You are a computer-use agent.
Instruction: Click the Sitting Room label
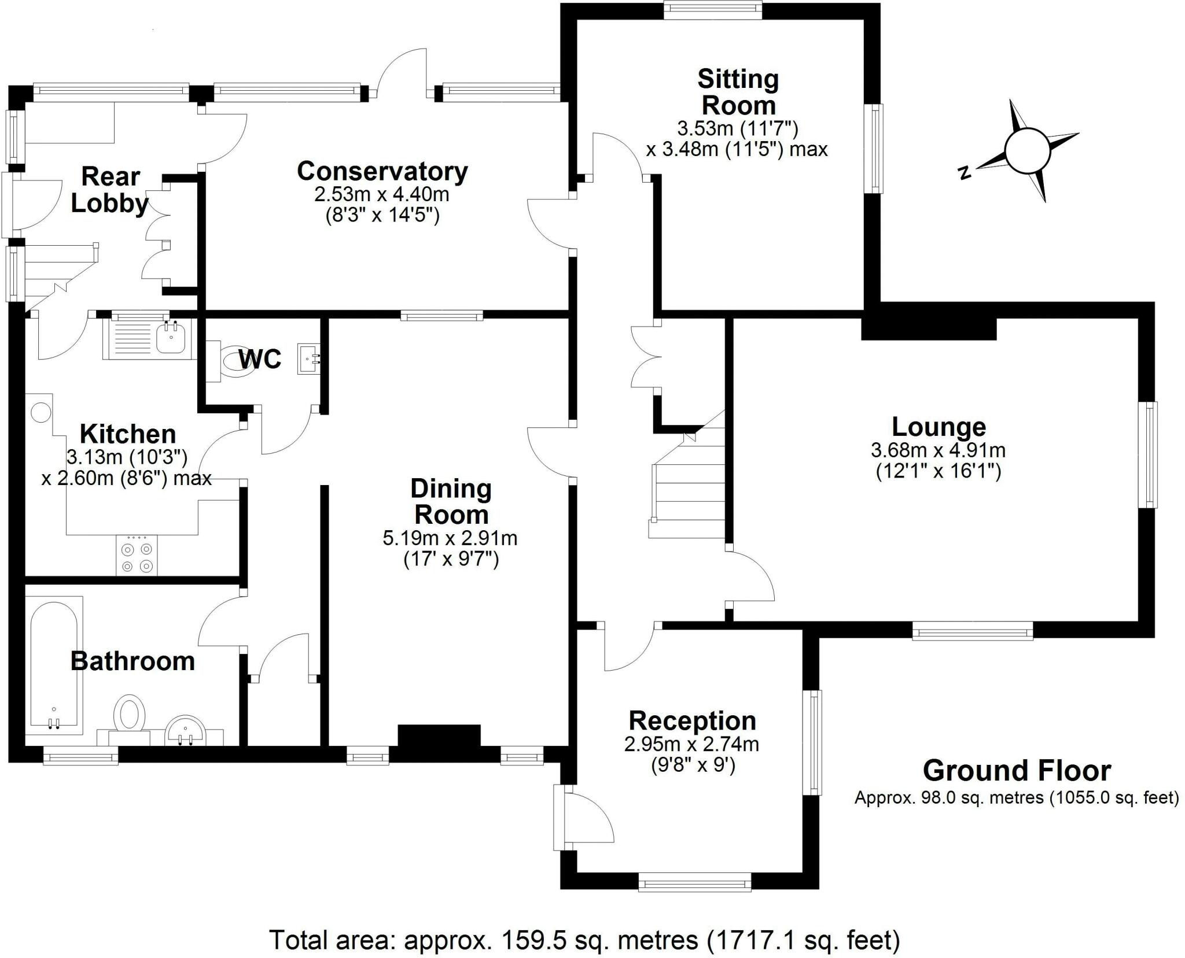(738, 93)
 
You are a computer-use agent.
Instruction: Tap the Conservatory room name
(382, 172)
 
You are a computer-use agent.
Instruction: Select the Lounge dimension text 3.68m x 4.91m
(938, 450)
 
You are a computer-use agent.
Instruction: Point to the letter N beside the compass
(964, 172)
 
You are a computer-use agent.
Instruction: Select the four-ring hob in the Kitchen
(137, 556)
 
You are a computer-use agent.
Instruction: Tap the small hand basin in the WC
(307, 358)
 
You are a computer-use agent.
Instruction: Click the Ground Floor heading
(1017, 771)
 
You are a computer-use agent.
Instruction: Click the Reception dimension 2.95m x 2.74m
(691, 744)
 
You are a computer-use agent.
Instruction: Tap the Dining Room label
(450, 501)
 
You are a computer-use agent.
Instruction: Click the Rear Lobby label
(109, 190)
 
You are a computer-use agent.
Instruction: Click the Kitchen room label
(127, 434)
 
